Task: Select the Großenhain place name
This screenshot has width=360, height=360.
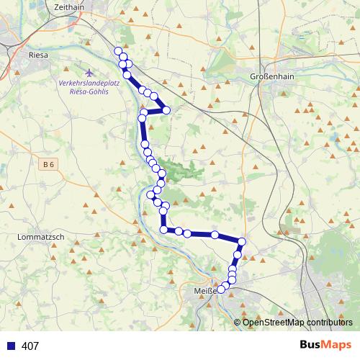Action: coord(269,77)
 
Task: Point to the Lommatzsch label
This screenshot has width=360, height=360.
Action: coord(40,236)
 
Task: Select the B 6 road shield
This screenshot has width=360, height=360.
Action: coord(48,165)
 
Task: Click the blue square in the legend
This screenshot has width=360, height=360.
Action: coord(11,346)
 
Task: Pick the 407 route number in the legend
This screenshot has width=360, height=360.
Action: coord(30,346)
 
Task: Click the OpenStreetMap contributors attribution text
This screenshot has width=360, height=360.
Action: coord(297,323)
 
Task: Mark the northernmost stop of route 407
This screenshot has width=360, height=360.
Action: coord(118,50)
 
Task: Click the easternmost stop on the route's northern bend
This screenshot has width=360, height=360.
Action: coord(166,110)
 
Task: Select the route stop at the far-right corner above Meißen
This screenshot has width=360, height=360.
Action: coord(242,242)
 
